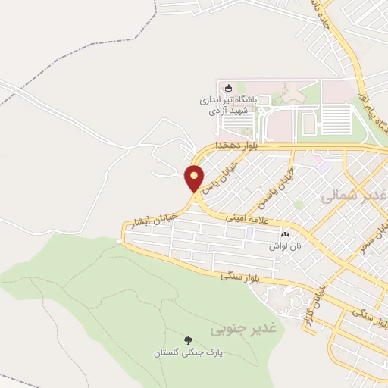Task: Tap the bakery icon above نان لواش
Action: coord(286,234)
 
